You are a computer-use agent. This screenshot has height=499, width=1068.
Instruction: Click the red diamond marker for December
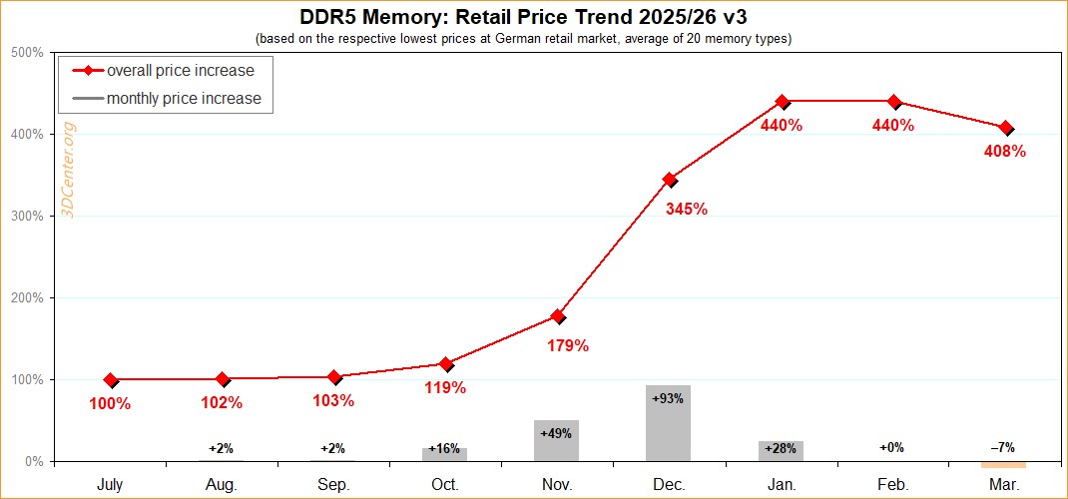point(670,180)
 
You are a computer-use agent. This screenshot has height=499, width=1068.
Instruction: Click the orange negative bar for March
point(1004,464)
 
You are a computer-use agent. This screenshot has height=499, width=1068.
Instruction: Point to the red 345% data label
point(687,210)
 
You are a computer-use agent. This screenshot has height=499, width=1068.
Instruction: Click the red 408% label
point(1005,153)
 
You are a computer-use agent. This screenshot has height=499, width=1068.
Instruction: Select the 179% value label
point(568,346)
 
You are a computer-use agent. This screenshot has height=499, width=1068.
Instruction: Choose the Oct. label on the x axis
point(445,484)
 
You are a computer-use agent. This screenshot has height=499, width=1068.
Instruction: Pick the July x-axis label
point(110,484)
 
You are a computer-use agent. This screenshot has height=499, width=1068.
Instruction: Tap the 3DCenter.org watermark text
point(69,171)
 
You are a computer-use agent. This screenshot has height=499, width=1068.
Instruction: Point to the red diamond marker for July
point(111,380)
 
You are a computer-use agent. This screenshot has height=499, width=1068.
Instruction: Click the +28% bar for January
point(781,450)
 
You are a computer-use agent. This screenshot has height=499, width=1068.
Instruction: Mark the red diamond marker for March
point(1005,128)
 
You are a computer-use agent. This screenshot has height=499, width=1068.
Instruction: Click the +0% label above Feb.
point(892,448)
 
